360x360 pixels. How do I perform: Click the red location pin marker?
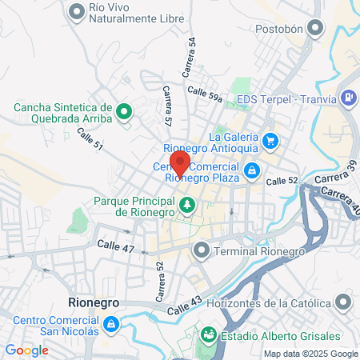click(180, 162)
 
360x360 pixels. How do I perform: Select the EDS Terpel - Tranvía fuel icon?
click(348, 99)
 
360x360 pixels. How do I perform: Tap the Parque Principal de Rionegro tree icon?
click(186, 206)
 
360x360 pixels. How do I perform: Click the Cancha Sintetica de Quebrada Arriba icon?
click(124, 111)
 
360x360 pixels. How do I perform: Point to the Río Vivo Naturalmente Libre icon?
click(78, 11)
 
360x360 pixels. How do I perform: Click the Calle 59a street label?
click(205, 93)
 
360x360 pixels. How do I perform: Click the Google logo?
click(26, 350)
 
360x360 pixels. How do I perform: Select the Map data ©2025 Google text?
click(311, 354)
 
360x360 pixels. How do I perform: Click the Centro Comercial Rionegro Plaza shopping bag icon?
click(252, 170)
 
